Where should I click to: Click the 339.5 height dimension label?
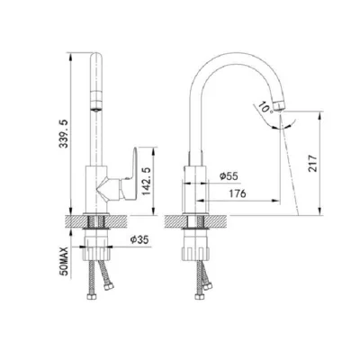pyautogui.click(x=64, y=133)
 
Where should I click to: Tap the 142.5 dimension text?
pyautogui.click(x=147, y=181)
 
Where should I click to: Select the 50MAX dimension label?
pyautogui.click(x=65, y=261)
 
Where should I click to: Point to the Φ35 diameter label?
pyautogui.click(x=139, y=239)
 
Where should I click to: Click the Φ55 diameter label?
pyautogui.click(x=229, y=176)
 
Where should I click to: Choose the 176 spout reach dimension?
pyautogui.click(x=238, y=193)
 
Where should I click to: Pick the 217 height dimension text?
pyautogui.click(x=312, y=163)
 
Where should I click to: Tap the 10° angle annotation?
pyautogui.click(x=265, y=107)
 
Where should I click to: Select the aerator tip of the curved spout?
pyautogui.click(x=279, y=106)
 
